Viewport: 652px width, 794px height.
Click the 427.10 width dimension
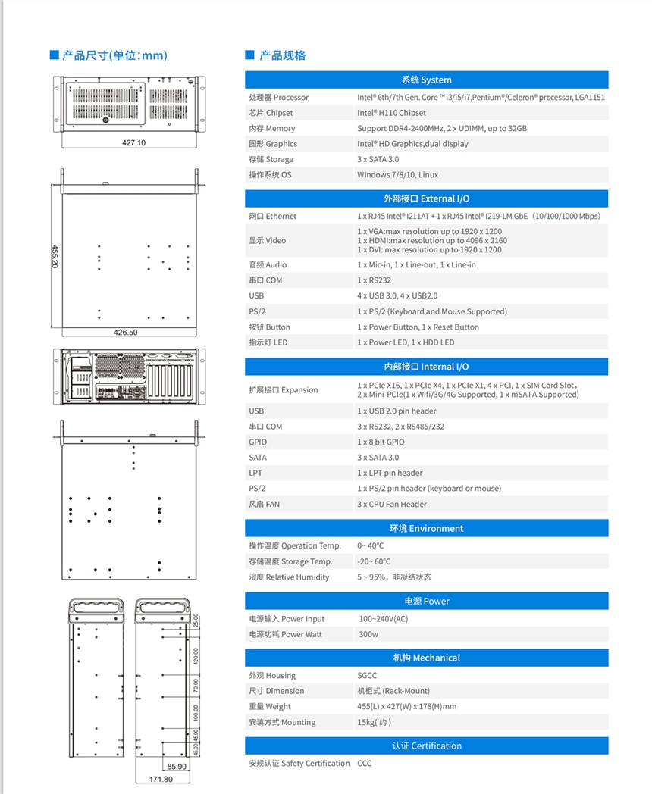133,142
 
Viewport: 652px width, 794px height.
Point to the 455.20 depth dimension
55,255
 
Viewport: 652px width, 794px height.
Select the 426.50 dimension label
125,332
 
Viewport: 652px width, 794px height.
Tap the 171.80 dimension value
161,779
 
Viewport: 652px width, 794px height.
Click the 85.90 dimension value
177,767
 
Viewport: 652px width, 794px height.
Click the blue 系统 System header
426,80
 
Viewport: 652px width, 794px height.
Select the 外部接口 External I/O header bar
426,198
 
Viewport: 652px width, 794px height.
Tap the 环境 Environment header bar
426,528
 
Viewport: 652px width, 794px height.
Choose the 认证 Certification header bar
426,746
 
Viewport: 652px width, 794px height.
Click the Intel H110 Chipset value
391,113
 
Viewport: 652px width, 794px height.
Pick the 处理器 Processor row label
278,97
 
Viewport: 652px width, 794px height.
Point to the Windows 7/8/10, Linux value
397,175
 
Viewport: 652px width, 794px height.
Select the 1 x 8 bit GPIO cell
381,442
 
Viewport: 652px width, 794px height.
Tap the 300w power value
368,634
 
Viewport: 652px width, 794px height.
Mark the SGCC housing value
367,675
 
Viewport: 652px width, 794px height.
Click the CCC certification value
365,763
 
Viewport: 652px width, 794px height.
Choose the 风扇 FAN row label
264,504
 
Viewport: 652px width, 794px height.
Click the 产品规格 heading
282,55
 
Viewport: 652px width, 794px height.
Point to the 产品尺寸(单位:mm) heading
114,55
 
